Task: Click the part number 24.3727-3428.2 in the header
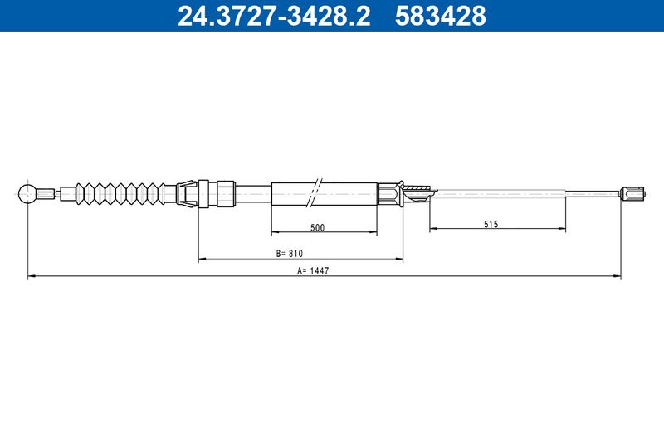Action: point(274,16)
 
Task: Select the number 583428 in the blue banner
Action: point(441,16)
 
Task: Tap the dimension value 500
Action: point(317,227)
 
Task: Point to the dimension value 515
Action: point(491,224)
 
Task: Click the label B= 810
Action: point(290,254)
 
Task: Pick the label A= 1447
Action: point(313,270)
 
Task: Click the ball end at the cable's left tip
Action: point(27,194)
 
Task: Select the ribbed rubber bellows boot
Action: point(120,194)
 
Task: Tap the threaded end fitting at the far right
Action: point(632,194)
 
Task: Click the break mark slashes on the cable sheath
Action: point(316,192)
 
